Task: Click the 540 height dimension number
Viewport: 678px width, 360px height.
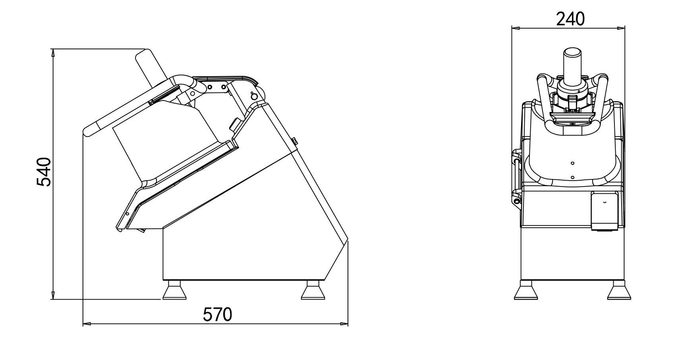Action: click(x=44, y=172)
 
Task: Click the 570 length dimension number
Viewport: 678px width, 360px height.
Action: click(x=217, y=315)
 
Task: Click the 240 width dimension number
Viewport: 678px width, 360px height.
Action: click(x=570, y=19)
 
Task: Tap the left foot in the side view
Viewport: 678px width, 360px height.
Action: click(x=174, y=291)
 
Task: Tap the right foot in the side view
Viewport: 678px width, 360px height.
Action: click(x=313, y=291)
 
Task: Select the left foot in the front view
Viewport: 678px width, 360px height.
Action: click(x=525, y=291)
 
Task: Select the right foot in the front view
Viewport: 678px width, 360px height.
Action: click(x=619, y=291)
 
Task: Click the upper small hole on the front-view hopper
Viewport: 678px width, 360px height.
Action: click(x=572, y=163)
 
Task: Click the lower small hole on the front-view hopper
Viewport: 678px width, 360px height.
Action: click(x=572, y=177)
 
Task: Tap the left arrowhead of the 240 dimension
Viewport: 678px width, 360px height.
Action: click(x=515, y=29)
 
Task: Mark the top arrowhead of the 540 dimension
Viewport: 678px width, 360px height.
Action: click(x=52, y=53)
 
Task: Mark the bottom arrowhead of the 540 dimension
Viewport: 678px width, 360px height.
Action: click(x=52, y=295)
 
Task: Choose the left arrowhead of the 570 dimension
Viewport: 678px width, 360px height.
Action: click(x=87, y=324)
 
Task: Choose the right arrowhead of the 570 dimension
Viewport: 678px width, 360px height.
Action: click(x=344, y=324)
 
